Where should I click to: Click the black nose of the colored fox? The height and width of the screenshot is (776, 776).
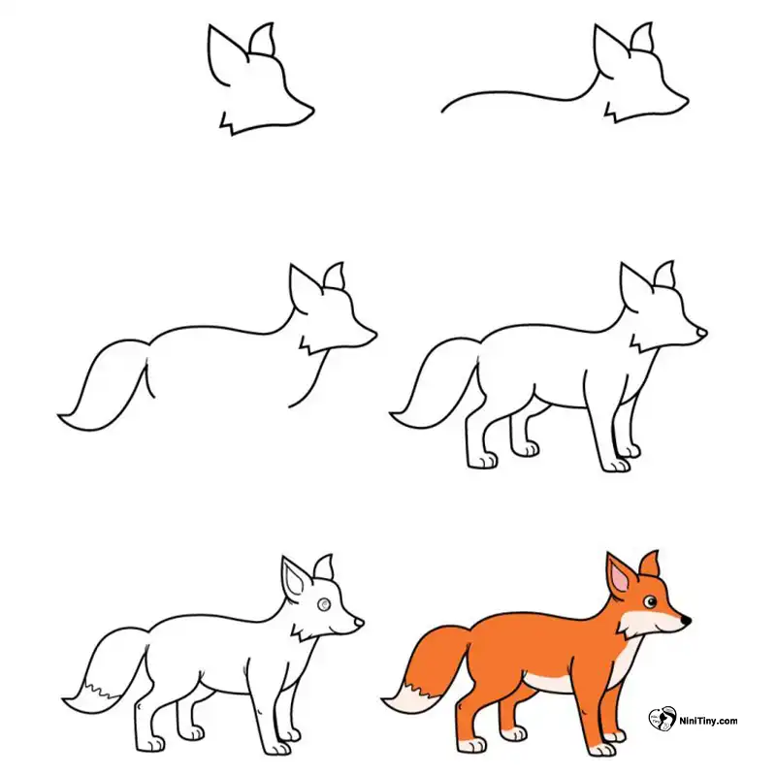[x=686, y=619]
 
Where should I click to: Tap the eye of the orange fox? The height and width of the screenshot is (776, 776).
[x=650, y=601]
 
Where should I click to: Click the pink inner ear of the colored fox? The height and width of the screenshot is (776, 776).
[x=620, y=578]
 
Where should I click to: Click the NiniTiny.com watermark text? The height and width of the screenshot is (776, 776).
[x=708, y=721]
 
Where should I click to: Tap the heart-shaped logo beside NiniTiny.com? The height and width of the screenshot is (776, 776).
[x=663, y=719]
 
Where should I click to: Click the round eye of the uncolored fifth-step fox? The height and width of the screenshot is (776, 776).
[x=324, y=603]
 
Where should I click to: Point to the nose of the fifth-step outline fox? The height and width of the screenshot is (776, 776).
[x=359, y=622]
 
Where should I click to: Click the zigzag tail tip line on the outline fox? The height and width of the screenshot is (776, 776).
[x=103, y=690]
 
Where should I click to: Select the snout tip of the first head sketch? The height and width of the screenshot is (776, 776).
[x=312, y=109]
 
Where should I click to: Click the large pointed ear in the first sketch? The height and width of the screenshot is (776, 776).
[x=225, y=52]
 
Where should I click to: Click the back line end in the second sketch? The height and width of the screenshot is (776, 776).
[x=442, y=112]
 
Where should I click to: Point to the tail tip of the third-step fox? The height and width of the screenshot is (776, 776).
[x=59, y=415]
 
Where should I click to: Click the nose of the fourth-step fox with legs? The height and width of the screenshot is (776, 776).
[x=701, y=333]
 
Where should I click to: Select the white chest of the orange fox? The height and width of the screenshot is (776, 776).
[x=624, y=660]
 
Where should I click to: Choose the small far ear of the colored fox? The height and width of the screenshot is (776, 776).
[x=649, y=564]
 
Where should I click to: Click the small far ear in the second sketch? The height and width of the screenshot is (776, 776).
[x=642, y=37]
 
